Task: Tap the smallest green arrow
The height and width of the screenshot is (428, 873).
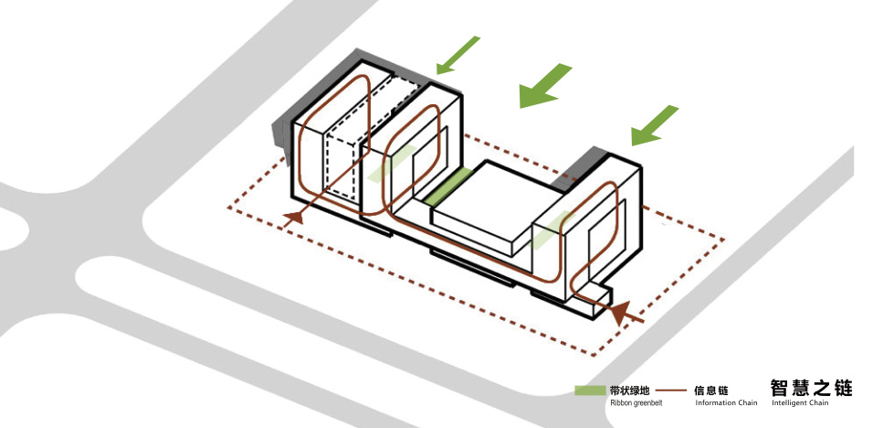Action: point(458,55)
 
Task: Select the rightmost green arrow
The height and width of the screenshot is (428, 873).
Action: point(655,126)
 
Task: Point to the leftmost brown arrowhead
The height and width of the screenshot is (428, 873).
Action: point(293,218)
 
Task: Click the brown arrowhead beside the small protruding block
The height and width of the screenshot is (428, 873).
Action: point(620,313)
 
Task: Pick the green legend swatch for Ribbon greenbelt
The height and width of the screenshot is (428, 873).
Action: point(590,391)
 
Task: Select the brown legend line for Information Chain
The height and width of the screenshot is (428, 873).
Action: point(675,391)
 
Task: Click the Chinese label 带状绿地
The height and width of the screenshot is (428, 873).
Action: point(630,391)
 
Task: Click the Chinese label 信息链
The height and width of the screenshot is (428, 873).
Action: point(711,391)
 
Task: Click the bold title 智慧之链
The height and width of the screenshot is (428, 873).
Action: point(811,388)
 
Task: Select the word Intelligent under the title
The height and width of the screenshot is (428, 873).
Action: point(789,403)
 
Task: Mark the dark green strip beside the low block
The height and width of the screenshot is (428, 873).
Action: point(448,187)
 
